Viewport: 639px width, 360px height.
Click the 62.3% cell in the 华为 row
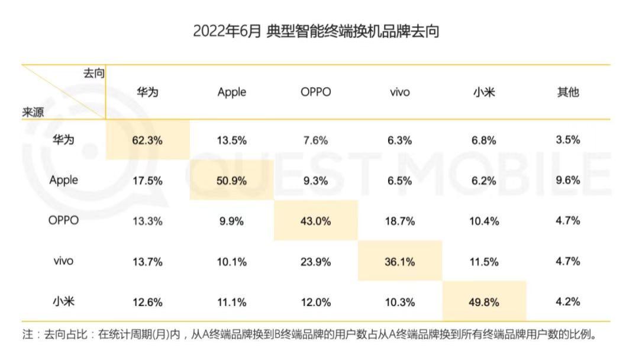pyautogui.click(x=147, y=140)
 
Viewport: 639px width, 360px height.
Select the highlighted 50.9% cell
pyautogui.click(x=231, y=181)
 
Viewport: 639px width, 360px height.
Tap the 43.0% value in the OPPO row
pyautogui.click(x=315, y=221)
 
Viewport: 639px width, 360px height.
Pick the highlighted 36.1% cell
pyautogui.click(x=399, y=261)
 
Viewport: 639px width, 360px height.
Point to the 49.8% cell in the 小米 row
pyautogui.click(x=483, y=302)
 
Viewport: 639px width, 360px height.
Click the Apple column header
pyautogui.click(x=231, y=92)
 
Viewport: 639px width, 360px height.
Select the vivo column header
pyautogui.click(x=399, y=92)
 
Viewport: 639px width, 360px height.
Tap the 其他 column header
pyautogui.click(x=567, y=92)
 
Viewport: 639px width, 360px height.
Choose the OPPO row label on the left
pyautogui.click(x=63, y=220)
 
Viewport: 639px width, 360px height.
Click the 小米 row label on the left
pyautogui.click(x=63, y=300)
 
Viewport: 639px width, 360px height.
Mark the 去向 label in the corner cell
pyautogui.click(x=93, y=73)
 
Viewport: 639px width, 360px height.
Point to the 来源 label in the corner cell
pyautogui.click(x=33, y=112)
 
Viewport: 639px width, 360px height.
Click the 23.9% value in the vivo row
pyautogui.click(x=315, y=261)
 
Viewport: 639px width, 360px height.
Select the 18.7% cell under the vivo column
pyautogui.click(x=399, y=221)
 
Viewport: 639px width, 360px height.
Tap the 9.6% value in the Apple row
pyautogui.click(x=567, y=181)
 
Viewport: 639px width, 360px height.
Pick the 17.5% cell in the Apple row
pyautogui.click(x=147, y=181)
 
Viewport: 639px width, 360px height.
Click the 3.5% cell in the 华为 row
pyautogui.click(x=567, y=140)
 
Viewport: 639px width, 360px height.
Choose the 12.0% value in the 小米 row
pyautogui.click(x=315, y=302)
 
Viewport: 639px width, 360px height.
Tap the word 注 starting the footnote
pyautogui.click(x=28, y=335)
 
